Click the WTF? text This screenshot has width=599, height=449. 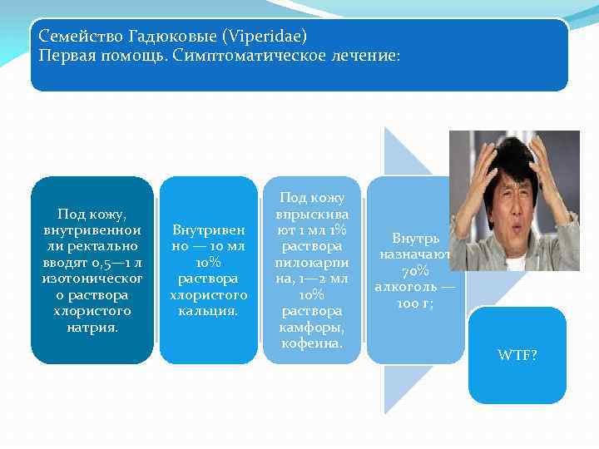pyautogui.click(x=517, y=355)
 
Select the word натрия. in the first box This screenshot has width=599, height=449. pyautogui.click(x=92, y=328)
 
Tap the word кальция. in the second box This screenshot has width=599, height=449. pyautogui.click(x=209, y=312)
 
